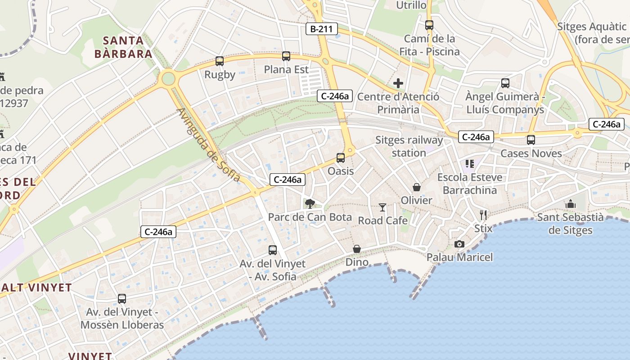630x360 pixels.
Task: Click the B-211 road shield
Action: pyautogui.click(x=321, y=29)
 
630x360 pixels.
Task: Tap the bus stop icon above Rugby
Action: pyautogui.click(x=220, y=61)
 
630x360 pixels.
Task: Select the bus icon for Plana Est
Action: pyautogui.click(x=286, y=56)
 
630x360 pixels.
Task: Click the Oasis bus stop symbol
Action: pyautogui.click(x=341, y=158)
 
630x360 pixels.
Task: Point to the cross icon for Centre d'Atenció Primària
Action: pyautogui.click(x=398, y=83)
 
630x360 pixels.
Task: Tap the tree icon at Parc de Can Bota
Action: pyautogui.click(x=310, y=204)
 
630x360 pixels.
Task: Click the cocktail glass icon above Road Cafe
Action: pyautogui.click(x=382, y=207)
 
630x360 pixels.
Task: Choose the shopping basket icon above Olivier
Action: pyautogui.click(x=417, y=187)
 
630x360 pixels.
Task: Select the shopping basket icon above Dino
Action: pyautogui.click(x=357, y=249)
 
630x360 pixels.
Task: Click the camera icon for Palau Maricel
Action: pyautogui.click(x=459, y=244)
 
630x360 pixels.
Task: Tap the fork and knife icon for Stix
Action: pyautogui.click(x=483, y=215)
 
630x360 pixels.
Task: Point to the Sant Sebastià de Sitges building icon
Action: pyautogui.click(x=571, y=204)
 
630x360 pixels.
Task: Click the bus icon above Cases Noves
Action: pyautogui.click(x=531, y=140)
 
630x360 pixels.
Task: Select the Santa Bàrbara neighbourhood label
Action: pyautogui.click(x=123, y=47)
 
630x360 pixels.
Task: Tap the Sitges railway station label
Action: pyautogui.click(x=409, y=146)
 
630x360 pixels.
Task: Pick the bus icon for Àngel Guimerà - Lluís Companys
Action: pyautogui.click(x=505, y=83)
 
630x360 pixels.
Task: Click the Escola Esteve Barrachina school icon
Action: pyautogui.click(x=470, y=164)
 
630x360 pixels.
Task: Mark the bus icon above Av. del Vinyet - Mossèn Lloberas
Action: pyautogui.click(x=122, y=299)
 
